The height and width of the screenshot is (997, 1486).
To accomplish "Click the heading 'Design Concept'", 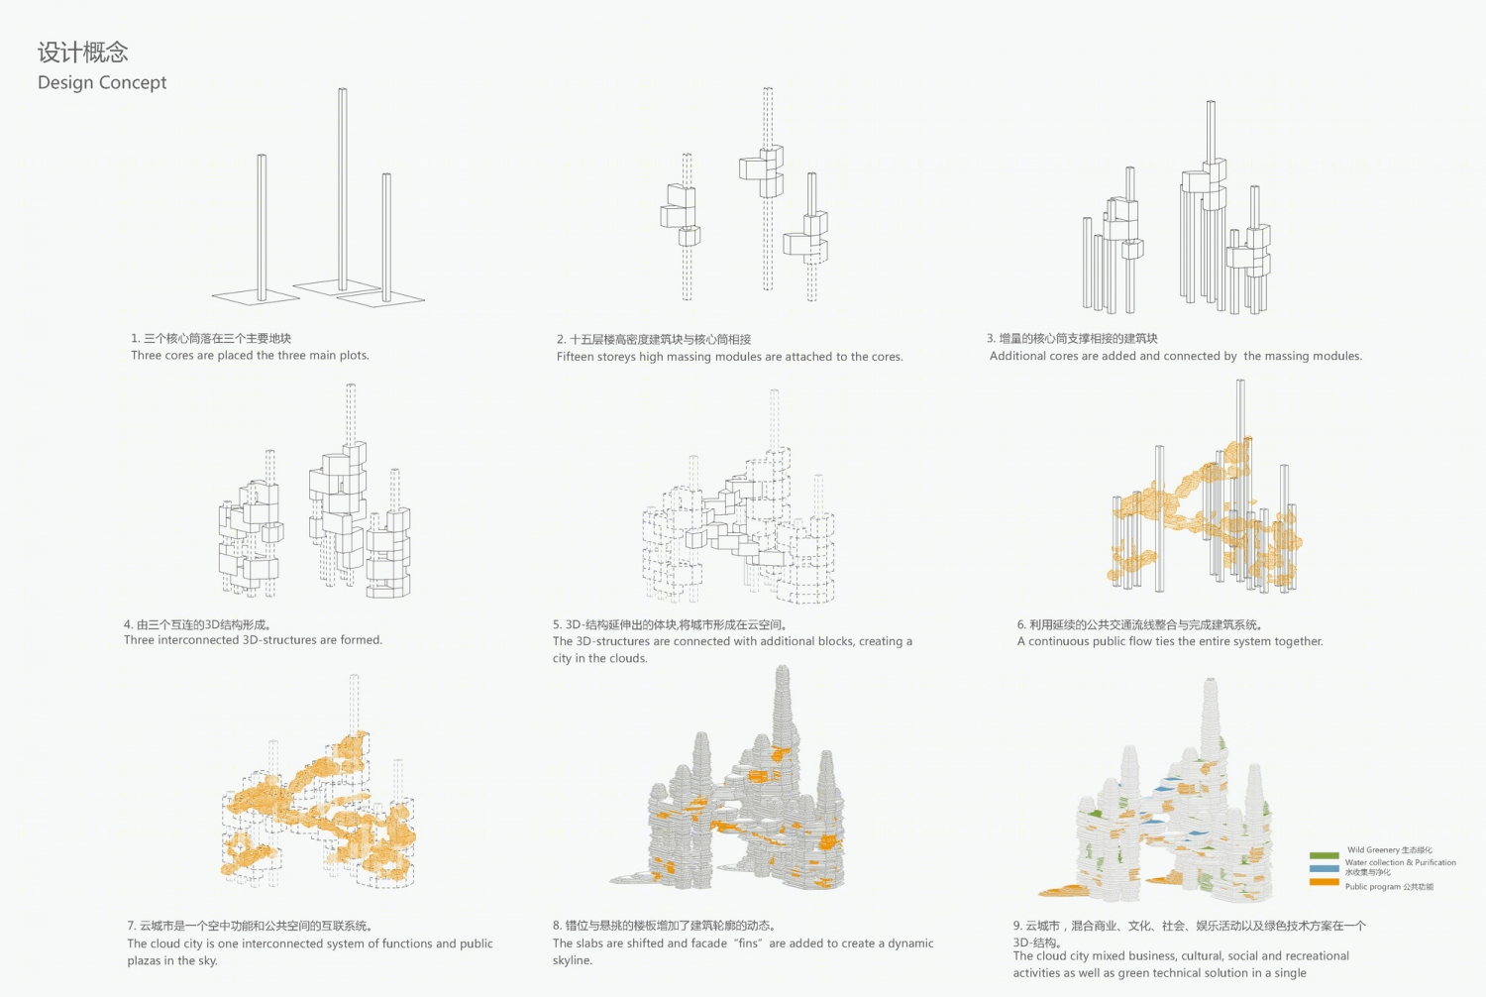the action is tap(102, 83).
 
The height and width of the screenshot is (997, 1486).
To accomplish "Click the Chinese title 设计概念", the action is tap(83, 53).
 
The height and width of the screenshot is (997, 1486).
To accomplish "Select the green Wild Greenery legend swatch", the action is tap(1325, 855).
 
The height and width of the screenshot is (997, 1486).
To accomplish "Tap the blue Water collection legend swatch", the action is tap(1325, 868).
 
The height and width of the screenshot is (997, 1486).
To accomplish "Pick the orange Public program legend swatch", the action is tap(1325, 882).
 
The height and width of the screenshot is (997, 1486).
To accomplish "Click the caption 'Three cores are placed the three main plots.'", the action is tap(250, 356).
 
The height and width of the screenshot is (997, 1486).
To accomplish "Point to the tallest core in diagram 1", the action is tap(343, 189).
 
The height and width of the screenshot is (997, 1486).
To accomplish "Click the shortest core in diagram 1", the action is tap(386, 238).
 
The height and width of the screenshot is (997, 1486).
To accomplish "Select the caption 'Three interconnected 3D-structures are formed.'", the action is tap(253, 640).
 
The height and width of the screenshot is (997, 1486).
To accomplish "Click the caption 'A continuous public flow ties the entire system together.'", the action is tap(1170, 642).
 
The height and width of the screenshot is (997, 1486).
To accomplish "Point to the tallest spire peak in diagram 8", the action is tap(783, 668).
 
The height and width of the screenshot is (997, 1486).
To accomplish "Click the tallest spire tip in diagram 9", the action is tap(1212, 681).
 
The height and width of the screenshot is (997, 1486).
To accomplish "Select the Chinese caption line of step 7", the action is tap(250, 926).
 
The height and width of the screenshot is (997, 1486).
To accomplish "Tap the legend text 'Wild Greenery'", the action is tap(1373, 850).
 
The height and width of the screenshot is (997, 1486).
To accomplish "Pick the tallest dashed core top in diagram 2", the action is tap(768, 89).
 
